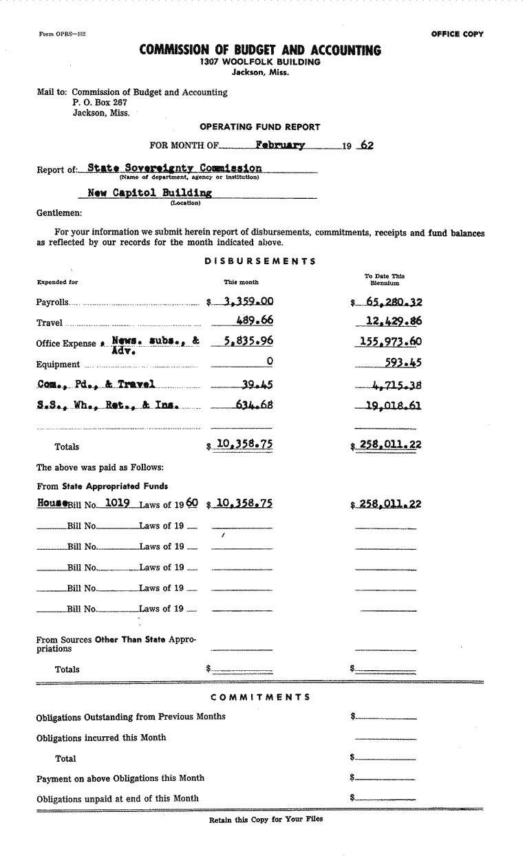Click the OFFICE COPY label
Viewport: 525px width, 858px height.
click(x=457, y=34)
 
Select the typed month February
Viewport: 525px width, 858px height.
click(x=279, y=145)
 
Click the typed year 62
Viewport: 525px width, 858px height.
click(x=367, y=145)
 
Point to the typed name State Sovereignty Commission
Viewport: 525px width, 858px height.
click(x=175, y=168)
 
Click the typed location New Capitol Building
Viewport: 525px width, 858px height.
click(x=149, y=193)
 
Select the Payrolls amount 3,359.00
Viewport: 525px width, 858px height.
click(x=244, y=301)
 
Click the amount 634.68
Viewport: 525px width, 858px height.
click(x=254, y=404)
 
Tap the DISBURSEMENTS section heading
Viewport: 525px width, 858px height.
click(x=260, y=261)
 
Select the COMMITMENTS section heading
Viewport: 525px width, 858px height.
click(x=260, y=697)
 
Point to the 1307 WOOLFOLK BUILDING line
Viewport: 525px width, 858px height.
click(x=260, y=62)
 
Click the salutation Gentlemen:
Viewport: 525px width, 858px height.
click(x=59, y=213)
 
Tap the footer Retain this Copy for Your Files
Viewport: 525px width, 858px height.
click(x=266, y=819)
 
